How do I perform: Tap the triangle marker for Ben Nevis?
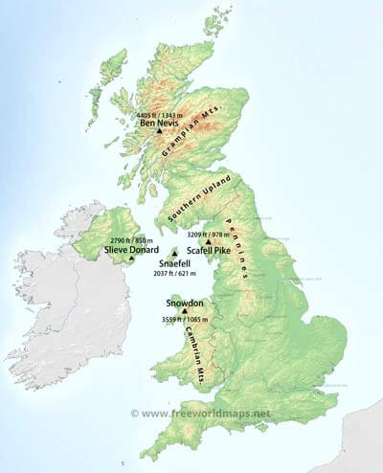click(159, 132)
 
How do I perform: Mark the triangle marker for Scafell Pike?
click(208, 241)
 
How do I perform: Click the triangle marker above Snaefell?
click(173, 252)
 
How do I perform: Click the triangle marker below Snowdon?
click(183, 310)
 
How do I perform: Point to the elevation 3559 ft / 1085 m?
click(181, 320)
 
